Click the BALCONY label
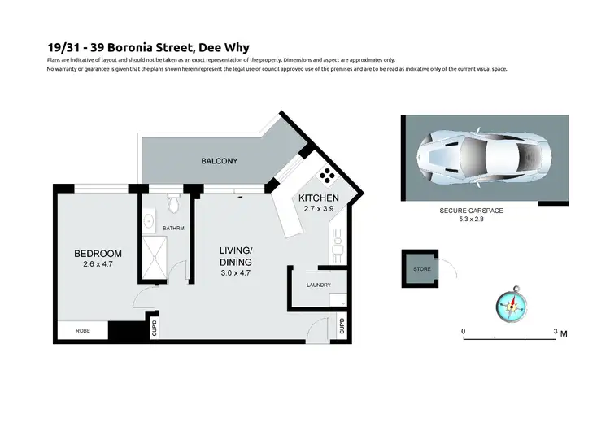tap(220, 161)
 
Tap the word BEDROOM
tap(98, 254)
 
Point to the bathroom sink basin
tap(150, 220)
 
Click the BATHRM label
tap(174, 229)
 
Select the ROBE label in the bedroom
tap(83, 331)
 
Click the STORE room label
tap(422, 268)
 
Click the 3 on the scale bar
tap(555, 332)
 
